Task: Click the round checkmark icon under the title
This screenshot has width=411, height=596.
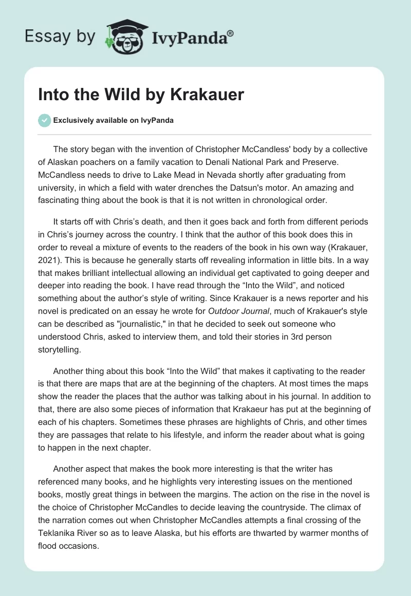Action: (44, 121)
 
